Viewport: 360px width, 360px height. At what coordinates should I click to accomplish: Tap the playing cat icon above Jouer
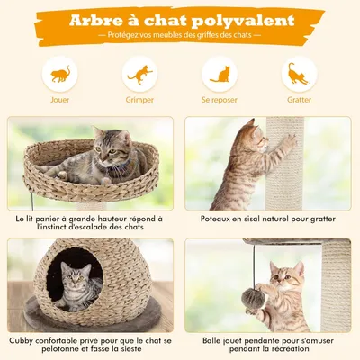59,75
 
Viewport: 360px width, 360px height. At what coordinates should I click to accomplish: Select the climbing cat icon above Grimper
139,75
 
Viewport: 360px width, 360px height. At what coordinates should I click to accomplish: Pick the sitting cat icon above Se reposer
220,75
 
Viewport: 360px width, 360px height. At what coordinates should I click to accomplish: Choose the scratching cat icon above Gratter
299,75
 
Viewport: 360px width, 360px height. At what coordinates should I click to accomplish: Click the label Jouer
59,101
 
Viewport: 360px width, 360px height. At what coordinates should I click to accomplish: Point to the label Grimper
139,101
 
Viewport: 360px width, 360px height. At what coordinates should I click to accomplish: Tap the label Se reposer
220,101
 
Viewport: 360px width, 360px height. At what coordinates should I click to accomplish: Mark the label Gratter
299,101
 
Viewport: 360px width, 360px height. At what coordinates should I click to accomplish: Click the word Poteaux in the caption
208,219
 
